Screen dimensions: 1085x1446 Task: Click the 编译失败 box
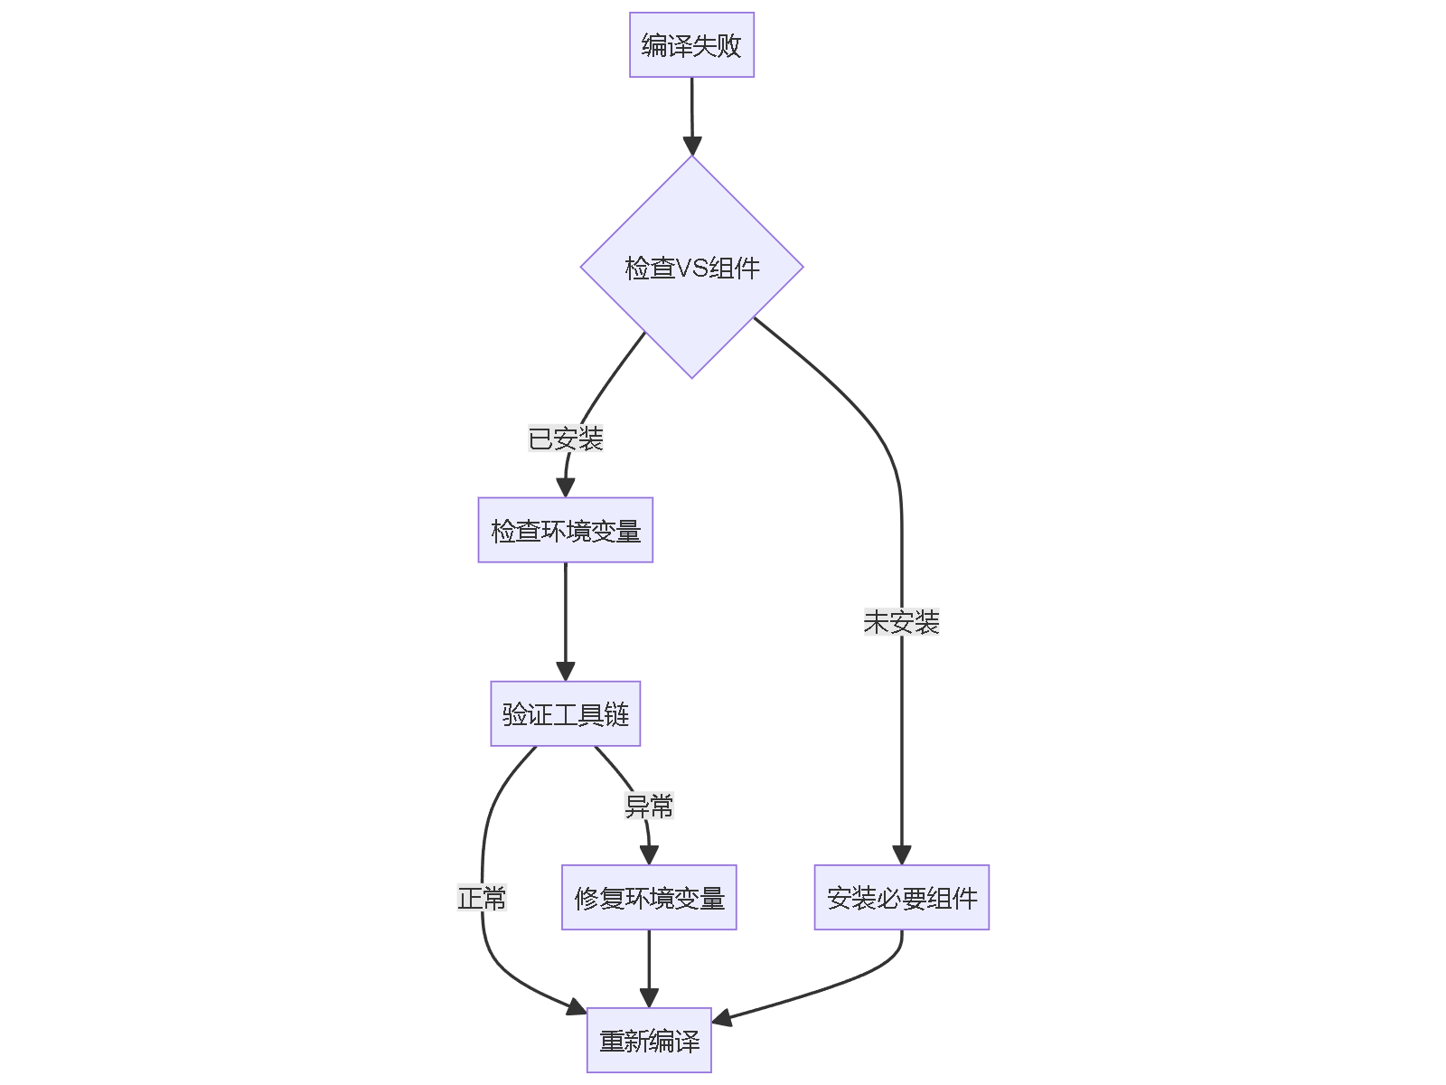pyautogui.click(x=691, y=45)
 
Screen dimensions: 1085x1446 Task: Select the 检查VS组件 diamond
pyautogui.click(x=691, y=268)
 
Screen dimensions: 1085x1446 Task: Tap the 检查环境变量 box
pyautogui.click(x=565, y=531)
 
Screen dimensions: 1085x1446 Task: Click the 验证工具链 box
pyautogui.click(x=565, y=714)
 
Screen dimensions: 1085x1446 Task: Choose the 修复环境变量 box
pyautogui.click(x=649, y=898)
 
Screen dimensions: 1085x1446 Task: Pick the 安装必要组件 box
pyautogui.click(x=901, y=898)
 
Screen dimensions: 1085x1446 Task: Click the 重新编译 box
pyautogui.click(x=649, y=1041)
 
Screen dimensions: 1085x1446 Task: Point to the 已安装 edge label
pyautogui.click(x=565, y=439)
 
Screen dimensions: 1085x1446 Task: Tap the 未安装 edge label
pyautogui.click(x=901, y=622)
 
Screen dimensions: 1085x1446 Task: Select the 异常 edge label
pyautogui.click(x=649, y=806)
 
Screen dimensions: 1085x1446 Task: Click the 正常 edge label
pyautogui.click(x=482, y=898)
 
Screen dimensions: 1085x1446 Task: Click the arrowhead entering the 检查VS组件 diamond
pyautogui.click(x=692, y=146)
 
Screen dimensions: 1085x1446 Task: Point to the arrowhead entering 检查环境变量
pyautogui.click(x=566, y=487)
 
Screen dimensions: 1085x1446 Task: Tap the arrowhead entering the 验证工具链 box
pyautogui.click(x=566, y=671)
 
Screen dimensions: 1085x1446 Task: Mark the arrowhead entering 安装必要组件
pyautogui.click(x=901, y=854)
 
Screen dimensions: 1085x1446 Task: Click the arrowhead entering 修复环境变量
pyautogui.click(x=649, y=854)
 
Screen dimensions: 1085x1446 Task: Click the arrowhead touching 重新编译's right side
pyautogui.click(x=723, y=1019)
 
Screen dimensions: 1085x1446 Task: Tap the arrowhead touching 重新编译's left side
pyautogui.click(x=576, y=1007)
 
